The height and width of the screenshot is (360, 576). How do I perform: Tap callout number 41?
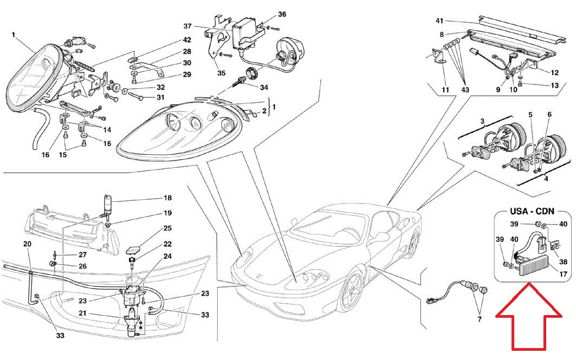[x=439, y=21]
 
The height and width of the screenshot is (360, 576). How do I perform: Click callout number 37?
[x=187, y=26]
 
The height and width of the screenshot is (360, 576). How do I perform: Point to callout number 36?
[x=282, y=14]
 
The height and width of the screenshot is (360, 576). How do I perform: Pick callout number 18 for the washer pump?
[x=167, y=198]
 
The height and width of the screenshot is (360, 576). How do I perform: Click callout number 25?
[x=167, y=228]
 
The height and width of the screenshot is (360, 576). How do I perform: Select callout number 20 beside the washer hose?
[x=27, y=244]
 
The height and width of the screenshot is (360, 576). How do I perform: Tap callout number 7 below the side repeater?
[x=480, y=319]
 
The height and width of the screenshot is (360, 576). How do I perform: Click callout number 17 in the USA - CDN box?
[x=563, y=274]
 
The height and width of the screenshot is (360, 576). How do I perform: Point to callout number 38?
[x=563, y=261]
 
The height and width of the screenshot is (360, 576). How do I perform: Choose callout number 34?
[x=264, y=87]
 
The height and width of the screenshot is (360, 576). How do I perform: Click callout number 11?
[x=445, y=89]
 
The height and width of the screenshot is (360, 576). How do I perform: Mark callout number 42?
[x=187, y=40]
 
